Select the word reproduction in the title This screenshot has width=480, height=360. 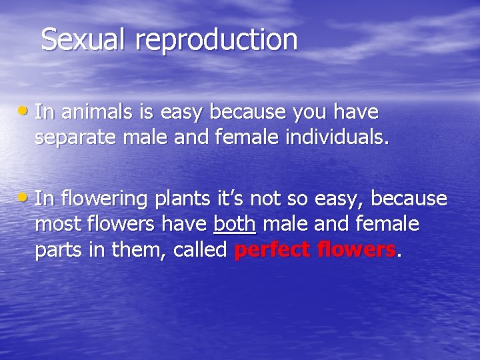pyautogui.click(x=217, y=41)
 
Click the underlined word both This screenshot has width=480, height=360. pyautogui.click(x=235, y=224)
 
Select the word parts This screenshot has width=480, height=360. pyautogui.click(x=56, y=251)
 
